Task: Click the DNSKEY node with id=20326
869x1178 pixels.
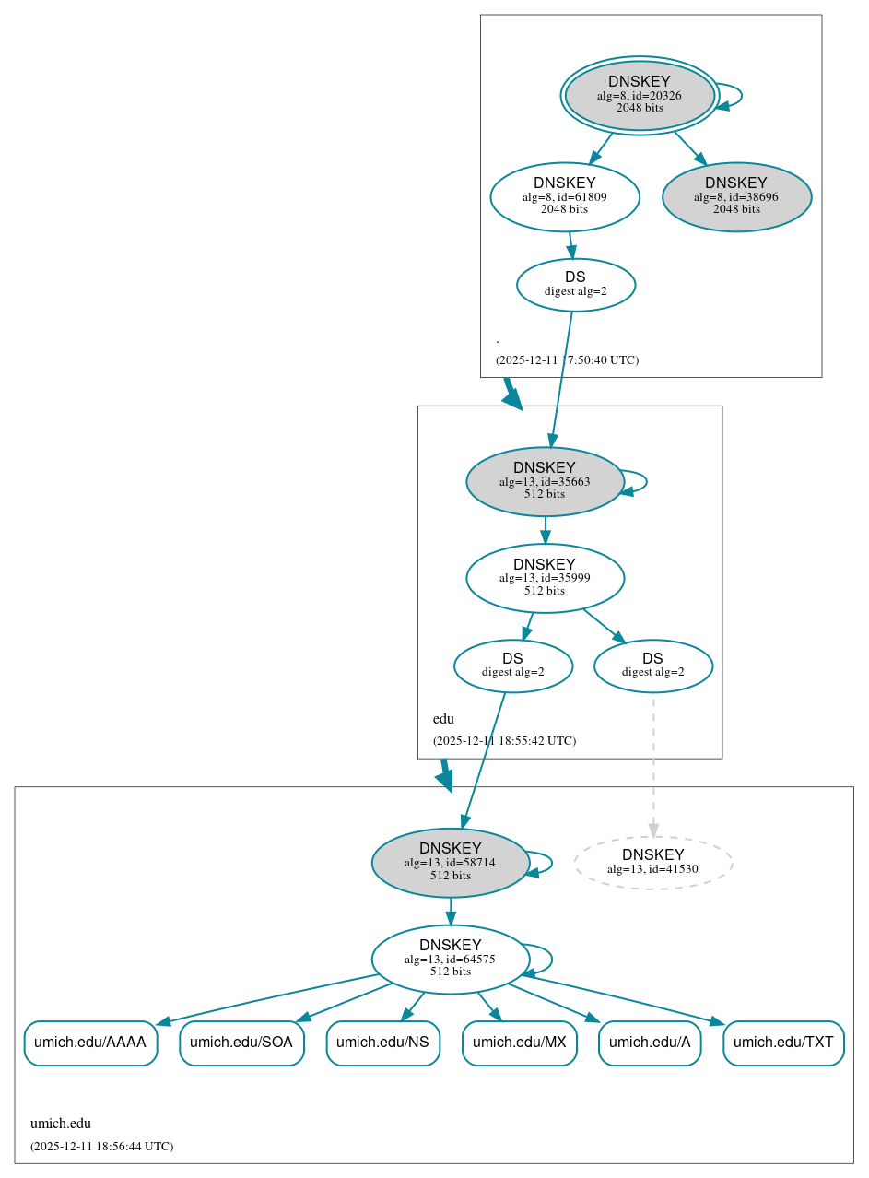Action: click(639, 95)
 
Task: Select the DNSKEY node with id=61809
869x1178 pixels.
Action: click(564, 196)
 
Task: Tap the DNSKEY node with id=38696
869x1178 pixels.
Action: click(736, 196)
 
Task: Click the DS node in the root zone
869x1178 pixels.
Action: click(575, 285)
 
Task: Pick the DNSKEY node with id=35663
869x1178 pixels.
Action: click(545, 481)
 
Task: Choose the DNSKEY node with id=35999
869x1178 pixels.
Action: click(545, 578)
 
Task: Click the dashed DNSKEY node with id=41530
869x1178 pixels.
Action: click(652, 862)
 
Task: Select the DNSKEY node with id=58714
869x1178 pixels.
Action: click(450, 862)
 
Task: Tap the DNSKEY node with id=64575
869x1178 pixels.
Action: click(450, 959)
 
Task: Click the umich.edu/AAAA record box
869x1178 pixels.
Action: click(90, 1043)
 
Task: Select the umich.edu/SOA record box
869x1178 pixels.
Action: click(241, 1043)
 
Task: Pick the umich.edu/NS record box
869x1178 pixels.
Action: click(382, 1043)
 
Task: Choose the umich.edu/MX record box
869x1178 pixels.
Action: click(519, 1043)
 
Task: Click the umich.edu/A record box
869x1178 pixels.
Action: click(650, 1043)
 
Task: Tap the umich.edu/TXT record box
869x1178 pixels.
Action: click(783, 1043)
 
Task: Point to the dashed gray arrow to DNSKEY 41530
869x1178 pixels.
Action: click(653, 765)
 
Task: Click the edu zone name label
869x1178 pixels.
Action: click(443, 719)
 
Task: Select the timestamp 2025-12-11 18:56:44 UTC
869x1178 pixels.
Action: click(101, 1147)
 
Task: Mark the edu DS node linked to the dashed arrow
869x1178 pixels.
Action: click(652, 666)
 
